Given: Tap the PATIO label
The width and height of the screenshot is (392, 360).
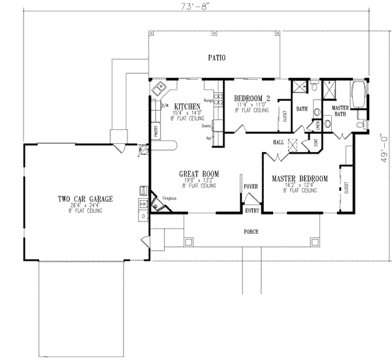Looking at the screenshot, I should point(217,58).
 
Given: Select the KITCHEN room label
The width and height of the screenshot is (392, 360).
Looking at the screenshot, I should point(187,106).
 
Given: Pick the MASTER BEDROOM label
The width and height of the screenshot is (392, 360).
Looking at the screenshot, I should point(300,178).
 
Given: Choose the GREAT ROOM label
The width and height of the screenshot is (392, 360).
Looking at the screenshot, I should point(199,174).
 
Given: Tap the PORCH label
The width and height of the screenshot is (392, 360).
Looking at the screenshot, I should point(252,231).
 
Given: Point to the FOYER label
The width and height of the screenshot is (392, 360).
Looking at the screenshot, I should point(252,185).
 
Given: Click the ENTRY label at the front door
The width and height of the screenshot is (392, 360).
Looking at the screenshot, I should point(252,210).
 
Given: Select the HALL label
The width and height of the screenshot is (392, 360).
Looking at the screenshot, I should point(277,142).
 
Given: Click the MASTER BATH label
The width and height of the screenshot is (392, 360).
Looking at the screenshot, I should point(339,110).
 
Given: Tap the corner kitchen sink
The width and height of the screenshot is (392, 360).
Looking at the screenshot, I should point(159,88).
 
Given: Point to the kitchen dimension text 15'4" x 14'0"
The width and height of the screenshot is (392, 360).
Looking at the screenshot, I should point(187,113).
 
